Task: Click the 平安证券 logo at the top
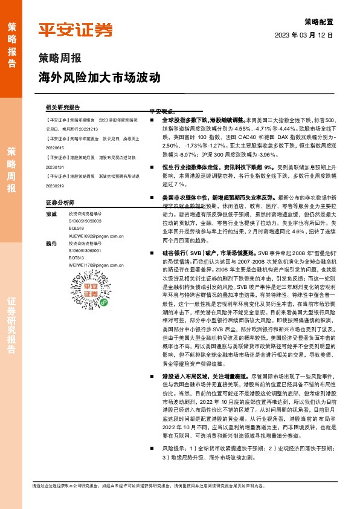tap(76, 30)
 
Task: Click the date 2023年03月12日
tap(304, 35)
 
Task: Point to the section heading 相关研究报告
tap(62, 106)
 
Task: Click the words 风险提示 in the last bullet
tap(172, 449)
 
